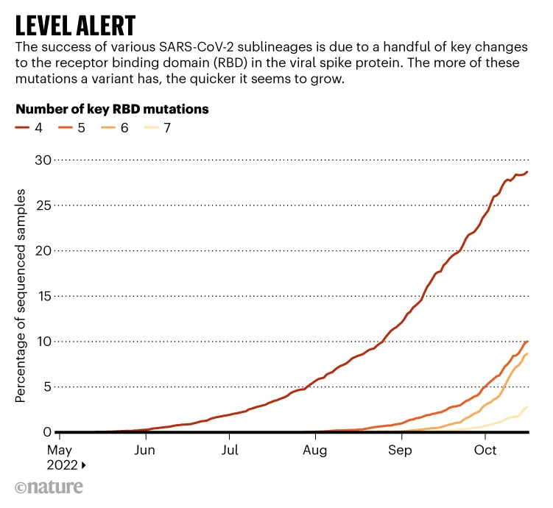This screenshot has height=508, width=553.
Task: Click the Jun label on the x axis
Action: (x=145, y=449)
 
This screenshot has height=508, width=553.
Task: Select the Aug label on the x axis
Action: (x=315, y=449)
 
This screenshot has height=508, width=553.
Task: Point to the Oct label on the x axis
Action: (x=485, y=449)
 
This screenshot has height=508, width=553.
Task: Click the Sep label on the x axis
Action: (x=401, y=449)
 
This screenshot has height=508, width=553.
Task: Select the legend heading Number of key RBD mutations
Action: (x=112, y=109)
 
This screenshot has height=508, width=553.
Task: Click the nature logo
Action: (x=49, y=487)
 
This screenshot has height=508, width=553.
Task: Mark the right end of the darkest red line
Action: (x=527, y=172)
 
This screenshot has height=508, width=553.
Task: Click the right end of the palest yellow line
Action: (x=527, y=407)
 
